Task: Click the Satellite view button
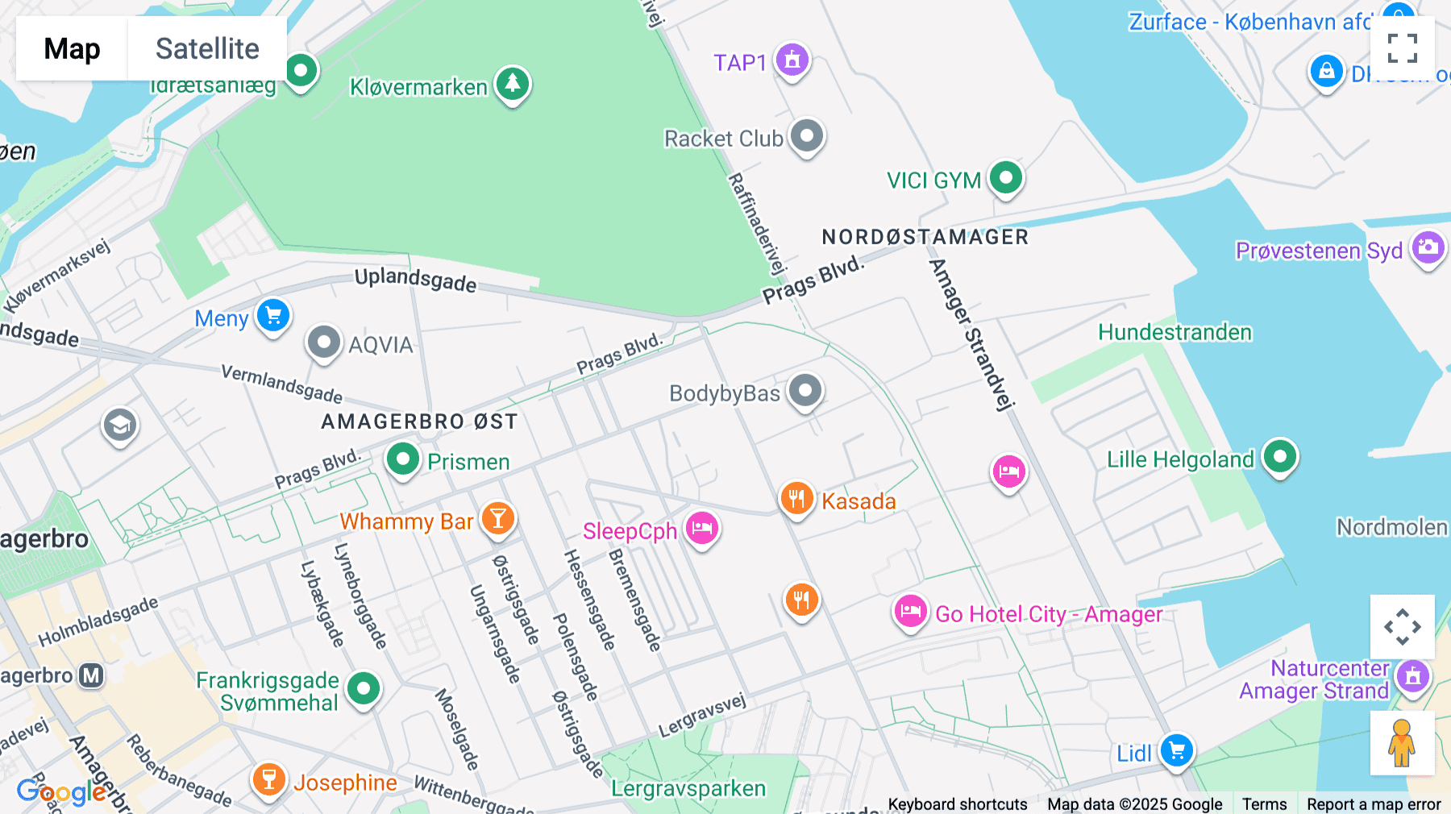207,48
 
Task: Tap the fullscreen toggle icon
1402,48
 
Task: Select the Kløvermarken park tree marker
512,83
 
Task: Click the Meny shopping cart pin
273,315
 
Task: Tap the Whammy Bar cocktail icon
498,518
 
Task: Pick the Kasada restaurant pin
796,499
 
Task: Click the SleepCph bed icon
702,529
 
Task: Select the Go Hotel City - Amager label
1049,614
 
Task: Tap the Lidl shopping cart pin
1176,750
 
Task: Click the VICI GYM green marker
1005,177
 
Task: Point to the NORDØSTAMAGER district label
925,237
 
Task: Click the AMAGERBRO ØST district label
419,422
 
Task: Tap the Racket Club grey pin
806,136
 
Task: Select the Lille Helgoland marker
1279,457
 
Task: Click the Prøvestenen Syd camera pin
1428,248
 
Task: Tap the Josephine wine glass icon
268,780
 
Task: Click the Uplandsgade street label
415,280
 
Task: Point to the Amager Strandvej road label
971,334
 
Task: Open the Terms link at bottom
1264,804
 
